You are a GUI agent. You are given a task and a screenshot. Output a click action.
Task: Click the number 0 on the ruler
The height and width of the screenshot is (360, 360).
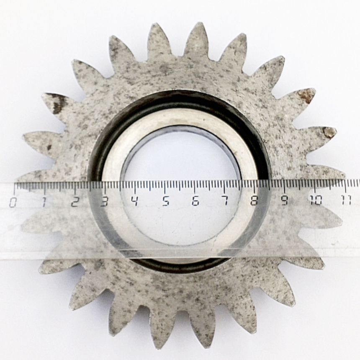(13, 202)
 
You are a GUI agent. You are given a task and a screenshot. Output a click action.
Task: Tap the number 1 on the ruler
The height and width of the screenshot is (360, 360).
(44, 202)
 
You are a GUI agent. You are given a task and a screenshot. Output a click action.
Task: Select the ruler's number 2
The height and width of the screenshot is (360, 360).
(75, 201)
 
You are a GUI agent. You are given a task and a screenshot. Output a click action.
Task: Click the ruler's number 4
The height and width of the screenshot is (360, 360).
(135, 201)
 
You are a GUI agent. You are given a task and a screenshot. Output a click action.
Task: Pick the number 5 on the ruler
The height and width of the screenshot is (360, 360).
(165, 201)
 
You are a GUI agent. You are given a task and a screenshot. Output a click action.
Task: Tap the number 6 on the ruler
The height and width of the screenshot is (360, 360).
(195, 201)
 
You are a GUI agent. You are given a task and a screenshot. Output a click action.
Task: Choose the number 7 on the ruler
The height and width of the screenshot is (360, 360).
(226, 201)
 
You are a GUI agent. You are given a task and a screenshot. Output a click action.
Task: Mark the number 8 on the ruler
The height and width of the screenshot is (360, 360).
(254, 200)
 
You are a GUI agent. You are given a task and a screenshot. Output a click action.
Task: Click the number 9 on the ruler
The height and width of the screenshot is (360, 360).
(285, 200)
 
